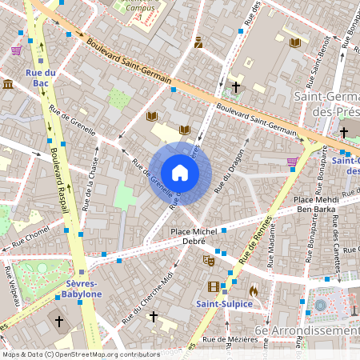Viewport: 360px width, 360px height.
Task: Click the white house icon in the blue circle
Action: (180, 173)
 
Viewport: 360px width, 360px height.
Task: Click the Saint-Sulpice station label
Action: (225, 304)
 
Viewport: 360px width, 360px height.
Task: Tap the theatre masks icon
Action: (210, 260)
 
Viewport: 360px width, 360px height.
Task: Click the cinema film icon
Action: (213, 286)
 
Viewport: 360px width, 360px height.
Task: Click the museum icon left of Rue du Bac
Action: (8, 84)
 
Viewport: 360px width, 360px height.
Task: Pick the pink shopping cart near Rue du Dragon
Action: (292, 162)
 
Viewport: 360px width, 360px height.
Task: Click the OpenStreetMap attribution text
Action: (81, 354)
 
